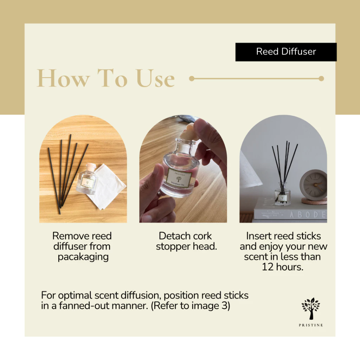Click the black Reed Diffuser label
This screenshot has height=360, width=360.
coord(286,52)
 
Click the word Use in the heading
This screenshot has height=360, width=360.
coord(155,78)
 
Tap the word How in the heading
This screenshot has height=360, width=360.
coord(63,78)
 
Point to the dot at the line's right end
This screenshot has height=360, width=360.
coord(321,78)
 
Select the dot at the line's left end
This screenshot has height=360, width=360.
coord(192,78)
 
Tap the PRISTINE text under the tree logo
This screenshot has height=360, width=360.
coord(311,325)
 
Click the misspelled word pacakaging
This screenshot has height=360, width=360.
coord(83,257)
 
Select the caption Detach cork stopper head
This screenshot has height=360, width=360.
coord(186,241)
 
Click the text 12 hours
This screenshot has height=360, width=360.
coord(282,267)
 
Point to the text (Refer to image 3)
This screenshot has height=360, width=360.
coord(190,306)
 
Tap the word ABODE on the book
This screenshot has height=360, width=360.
coord(308,214)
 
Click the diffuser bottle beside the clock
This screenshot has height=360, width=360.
coord(282,194)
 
